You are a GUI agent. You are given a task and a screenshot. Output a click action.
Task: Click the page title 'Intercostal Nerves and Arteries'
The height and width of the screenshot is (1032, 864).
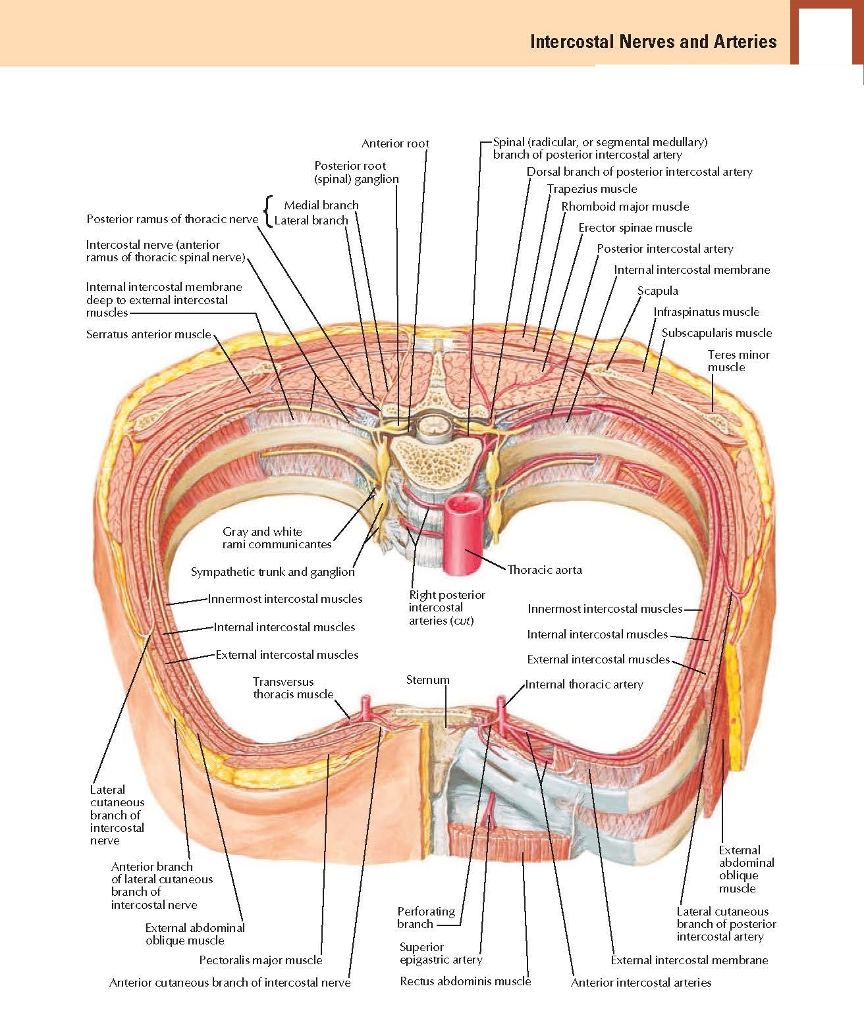[x=653, y=42]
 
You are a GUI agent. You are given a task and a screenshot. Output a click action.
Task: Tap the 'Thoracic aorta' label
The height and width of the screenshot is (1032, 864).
[x=545, y=570]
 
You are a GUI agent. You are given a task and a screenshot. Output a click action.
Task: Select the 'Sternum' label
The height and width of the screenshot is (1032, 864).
[x=427, y=680]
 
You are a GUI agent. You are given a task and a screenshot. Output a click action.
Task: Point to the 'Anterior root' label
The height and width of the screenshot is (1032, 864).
[x=395, y=143]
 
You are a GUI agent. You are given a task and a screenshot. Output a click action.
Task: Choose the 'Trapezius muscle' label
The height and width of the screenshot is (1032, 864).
[x=592, y=189]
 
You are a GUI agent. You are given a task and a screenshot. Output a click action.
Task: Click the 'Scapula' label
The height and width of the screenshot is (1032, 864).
[x=657, y=291]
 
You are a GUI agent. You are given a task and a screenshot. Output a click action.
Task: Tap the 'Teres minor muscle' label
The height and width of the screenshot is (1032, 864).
[x=738, y=361]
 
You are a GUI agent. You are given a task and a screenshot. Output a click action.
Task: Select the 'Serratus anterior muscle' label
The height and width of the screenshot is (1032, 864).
[x=148, y=334]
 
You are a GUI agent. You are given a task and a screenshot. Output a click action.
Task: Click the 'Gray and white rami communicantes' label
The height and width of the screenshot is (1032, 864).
[x=277, y=538]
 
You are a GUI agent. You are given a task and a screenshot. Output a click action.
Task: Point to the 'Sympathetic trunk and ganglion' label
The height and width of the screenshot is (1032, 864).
[x=273, y=572]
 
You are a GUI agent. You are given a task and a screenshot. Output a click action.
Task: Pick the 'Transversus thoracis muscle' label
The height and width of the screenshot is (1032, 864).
[x=293, y=688]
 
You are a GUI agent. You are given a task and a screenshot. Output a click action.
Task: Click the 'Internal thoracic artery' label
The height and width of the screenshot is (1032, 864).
[x=584, y=684]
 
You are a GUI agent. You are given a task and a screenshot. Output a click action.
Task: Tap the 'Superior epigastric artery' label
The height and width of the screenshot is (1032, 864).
[x=441, y=953]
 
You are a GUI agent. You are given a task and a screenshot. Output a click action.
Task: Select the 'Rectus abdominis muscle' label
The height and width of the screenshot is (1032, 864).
[x=465, y=981]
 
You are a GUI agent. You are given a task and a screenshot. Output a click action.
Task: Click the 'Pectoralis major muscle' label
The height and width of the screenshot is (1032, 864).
[x=261, y=960]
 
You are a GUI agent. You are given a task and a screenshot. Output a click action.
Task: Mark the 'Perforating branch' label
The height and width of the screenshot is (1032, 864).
[x=426, y=917]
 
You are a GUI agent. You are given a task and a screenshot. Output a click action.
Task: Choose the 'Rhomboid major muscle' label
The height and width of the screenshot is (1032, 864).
[x=625, y=207]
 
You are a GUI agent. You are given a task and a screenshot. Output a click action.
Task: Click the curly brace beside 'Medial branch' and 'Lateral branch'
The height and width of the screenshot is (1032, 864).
[x=267, y=212]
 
